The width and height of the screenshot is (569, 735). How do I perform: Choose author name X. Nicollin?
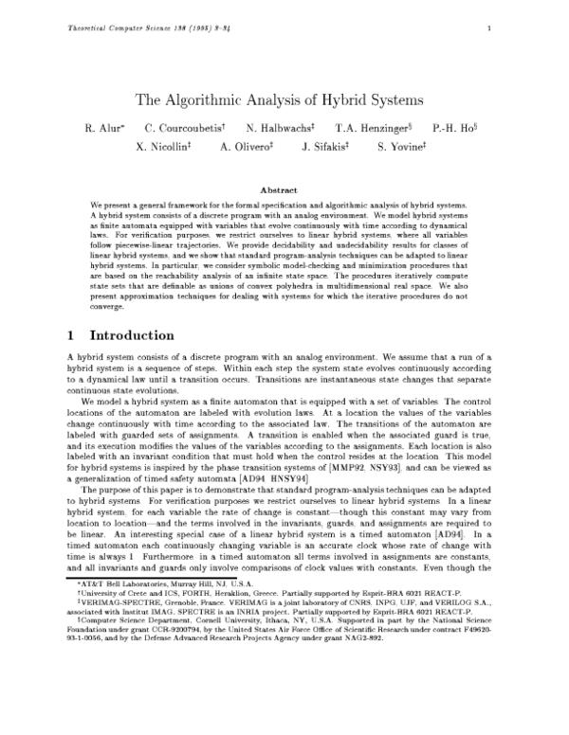(164, 147)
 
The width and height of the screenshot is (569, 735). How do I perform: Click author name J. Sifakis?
(325, 147)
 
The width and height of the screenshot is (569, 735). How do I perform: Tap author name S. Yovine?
(403, 147)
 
